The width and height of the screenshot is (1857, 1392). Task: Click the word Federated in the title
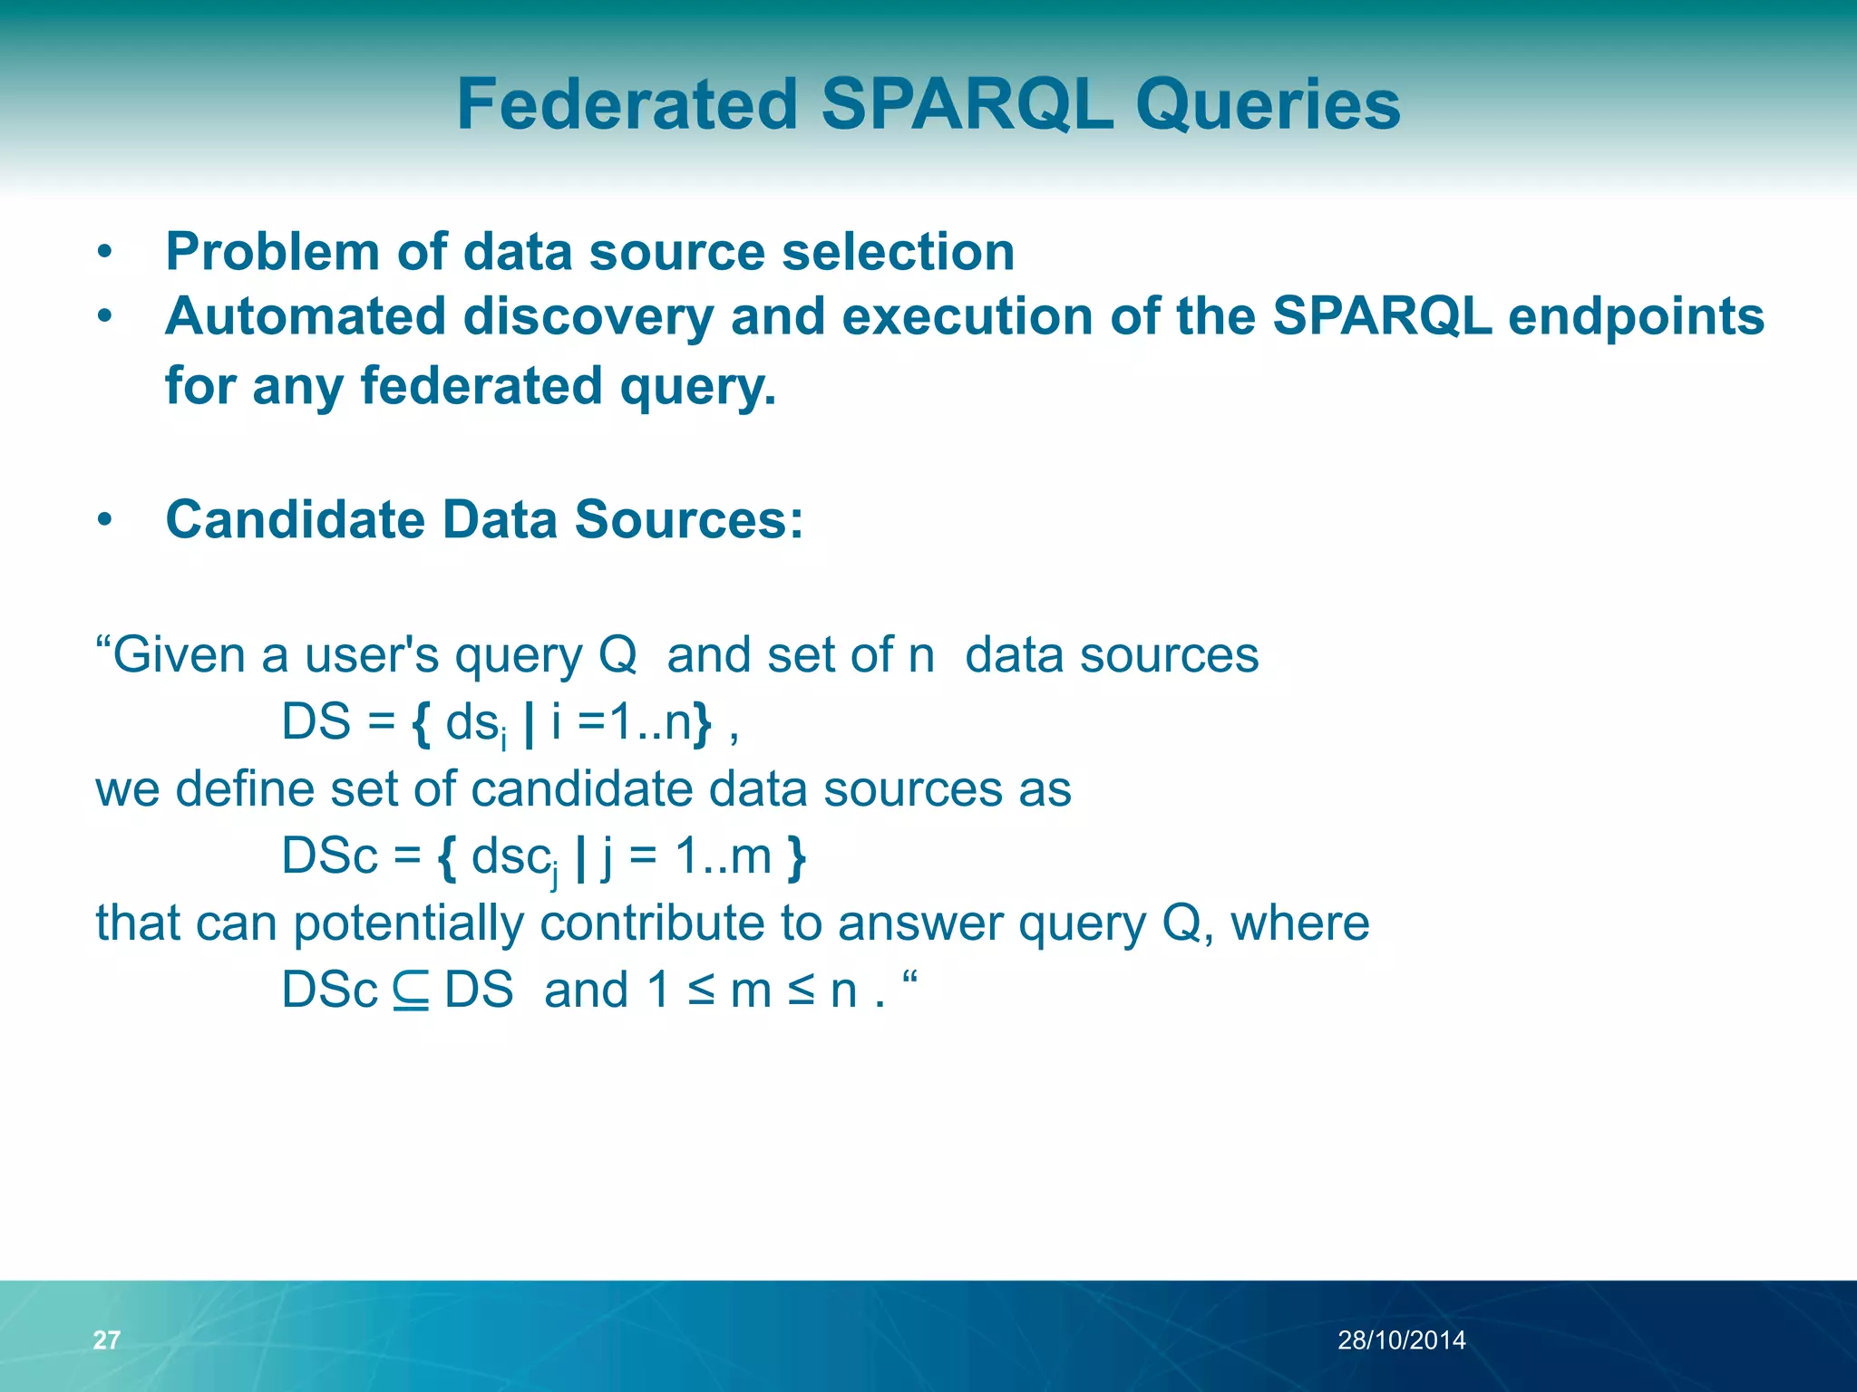click(627, 104)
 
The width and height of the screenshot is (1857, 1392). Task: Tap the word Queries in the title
click(1268, 104)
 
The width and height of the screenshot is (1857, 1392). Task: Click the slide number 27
click(106, 1339)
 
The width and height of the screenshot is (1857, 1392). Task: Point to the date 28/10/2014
click(1401, 1339)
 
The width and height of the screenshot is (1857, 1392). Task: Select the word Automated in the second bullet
click(306, 316)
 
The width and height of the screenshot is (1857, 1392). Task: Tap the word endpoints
click(1635, 318)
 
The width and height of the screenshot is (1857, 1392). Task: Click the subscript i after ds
click(504, 740)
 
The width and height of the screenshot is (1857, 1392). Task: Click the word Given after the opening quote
click(180, 654)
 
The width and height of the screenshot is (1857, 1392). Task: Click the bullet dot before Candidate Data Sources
click(105, 520)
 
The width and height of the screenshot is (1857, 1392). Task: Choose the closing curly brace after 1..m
click(796, 857)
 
